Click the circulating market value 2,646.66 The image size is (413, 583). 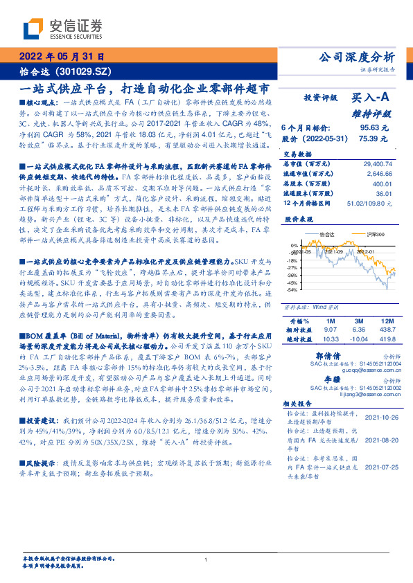382,173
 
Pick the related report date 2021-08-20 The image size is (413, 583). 380,440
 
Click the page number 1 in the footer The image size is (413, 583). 206,560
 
